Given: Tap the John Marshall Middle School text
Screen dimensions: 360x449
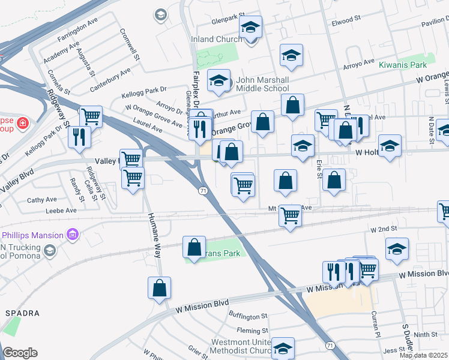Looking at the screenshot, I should point(263,84).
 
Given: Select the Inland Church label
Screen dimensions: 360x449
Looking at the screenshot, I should point(217,40).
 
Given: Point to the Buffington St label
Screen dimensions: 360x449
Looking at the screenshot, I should point(247,316).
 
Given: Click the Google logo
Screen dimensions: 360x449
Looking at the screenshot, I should point(20,353).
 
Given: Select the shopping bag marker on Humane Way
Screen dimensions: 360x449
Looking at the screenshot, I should point(159,287).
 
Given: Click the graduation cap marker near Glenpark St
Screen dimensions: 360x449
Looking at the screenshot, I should point(250,26).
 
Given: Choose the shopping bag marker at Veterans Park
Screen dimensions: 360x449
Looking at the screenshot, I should point(194,247).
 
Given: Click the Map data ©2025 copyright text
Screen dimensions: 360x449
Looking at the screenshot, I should point(423,355).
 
